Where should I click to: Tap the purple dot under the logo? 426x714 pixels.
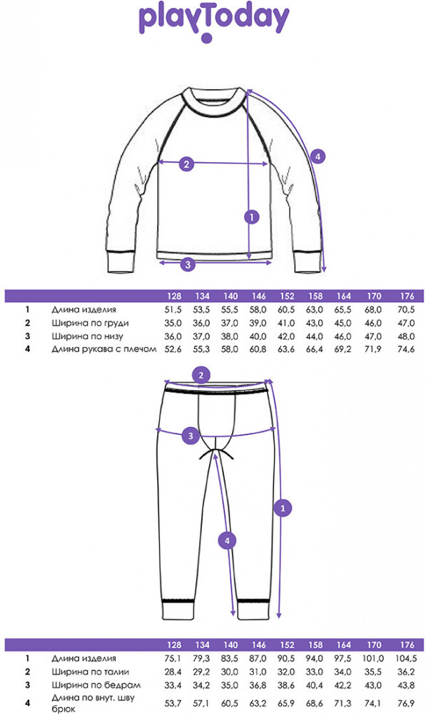pos(207,39)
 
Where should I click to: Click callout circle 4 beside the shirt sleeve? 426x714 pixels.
pos(318,157)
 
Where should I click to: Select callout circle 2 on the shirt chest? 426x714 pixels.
pos(186,164)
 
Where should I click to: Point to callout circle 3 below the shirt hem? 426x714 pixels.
pos(188,264)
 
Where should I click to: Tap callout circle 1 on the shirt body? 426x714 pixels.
pos(252,217)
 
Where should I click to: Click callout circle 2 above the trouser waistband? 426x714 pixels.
pos(201,376)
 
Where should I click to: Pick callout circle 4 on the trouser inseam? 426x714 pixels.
pos(227,541)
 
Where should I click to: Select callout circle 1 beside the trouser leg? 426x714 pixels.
pos(283,507)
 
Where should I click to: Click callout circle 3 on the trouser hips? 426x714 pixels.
pos(191,436)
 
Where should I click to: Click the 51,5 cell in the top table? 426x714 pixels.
pos(173,310)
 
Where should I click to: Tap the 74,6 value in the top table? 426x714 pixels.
pos(406,349)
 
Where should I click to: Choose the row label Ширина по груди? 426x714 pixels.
pos(90,323)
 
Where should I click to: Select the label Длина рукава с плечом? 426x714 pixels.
pos(104,349)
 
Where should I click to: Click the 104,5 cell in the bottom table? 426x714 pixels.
pos(406,658)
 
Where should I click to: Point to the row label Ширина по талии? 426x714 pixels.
pos(90,672)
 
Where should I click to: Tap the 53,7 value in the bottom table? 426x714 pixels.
pos(173,703)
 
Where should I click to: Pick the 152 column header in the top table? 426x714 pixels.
pos(287,296)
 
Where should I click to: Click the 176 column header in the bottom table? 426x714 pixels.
pos(407,645)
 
